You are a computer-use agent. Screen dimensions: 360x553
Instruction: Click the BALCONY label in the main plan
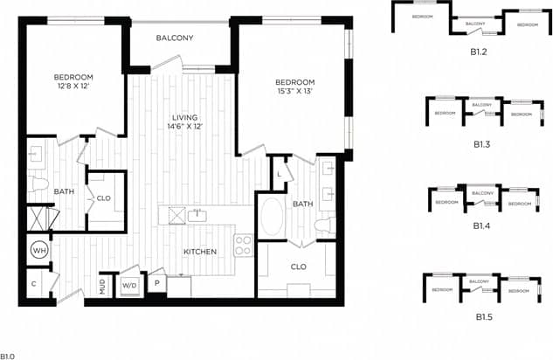(175, 38)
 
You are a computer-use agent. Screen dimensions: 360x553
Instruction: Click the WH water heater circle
(38, 250)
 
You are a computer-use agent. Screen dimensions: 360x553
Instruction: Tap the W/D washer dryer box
(130, 284)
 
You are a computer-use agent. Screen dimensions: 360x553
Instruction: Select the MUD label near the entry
(102, 285)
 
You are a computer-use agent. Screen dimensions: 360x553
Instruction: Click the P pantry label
(157, 283)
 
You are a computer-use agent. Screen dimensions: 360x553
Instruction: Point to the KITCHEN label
(200, 252)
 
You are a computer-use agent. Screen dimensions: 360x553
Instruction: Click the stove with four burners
(243, 246)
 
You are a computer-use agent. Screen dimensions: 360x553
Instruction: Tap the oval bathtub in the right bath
(272, 215)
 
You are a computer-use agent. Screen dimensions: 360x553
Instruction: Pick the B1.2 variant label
(478, 51)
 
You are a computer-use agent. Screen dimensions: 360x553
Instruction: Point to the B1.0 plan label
(8, 356)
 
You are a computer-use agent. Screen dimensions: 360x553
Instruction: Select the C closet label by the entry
(34, 284)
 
